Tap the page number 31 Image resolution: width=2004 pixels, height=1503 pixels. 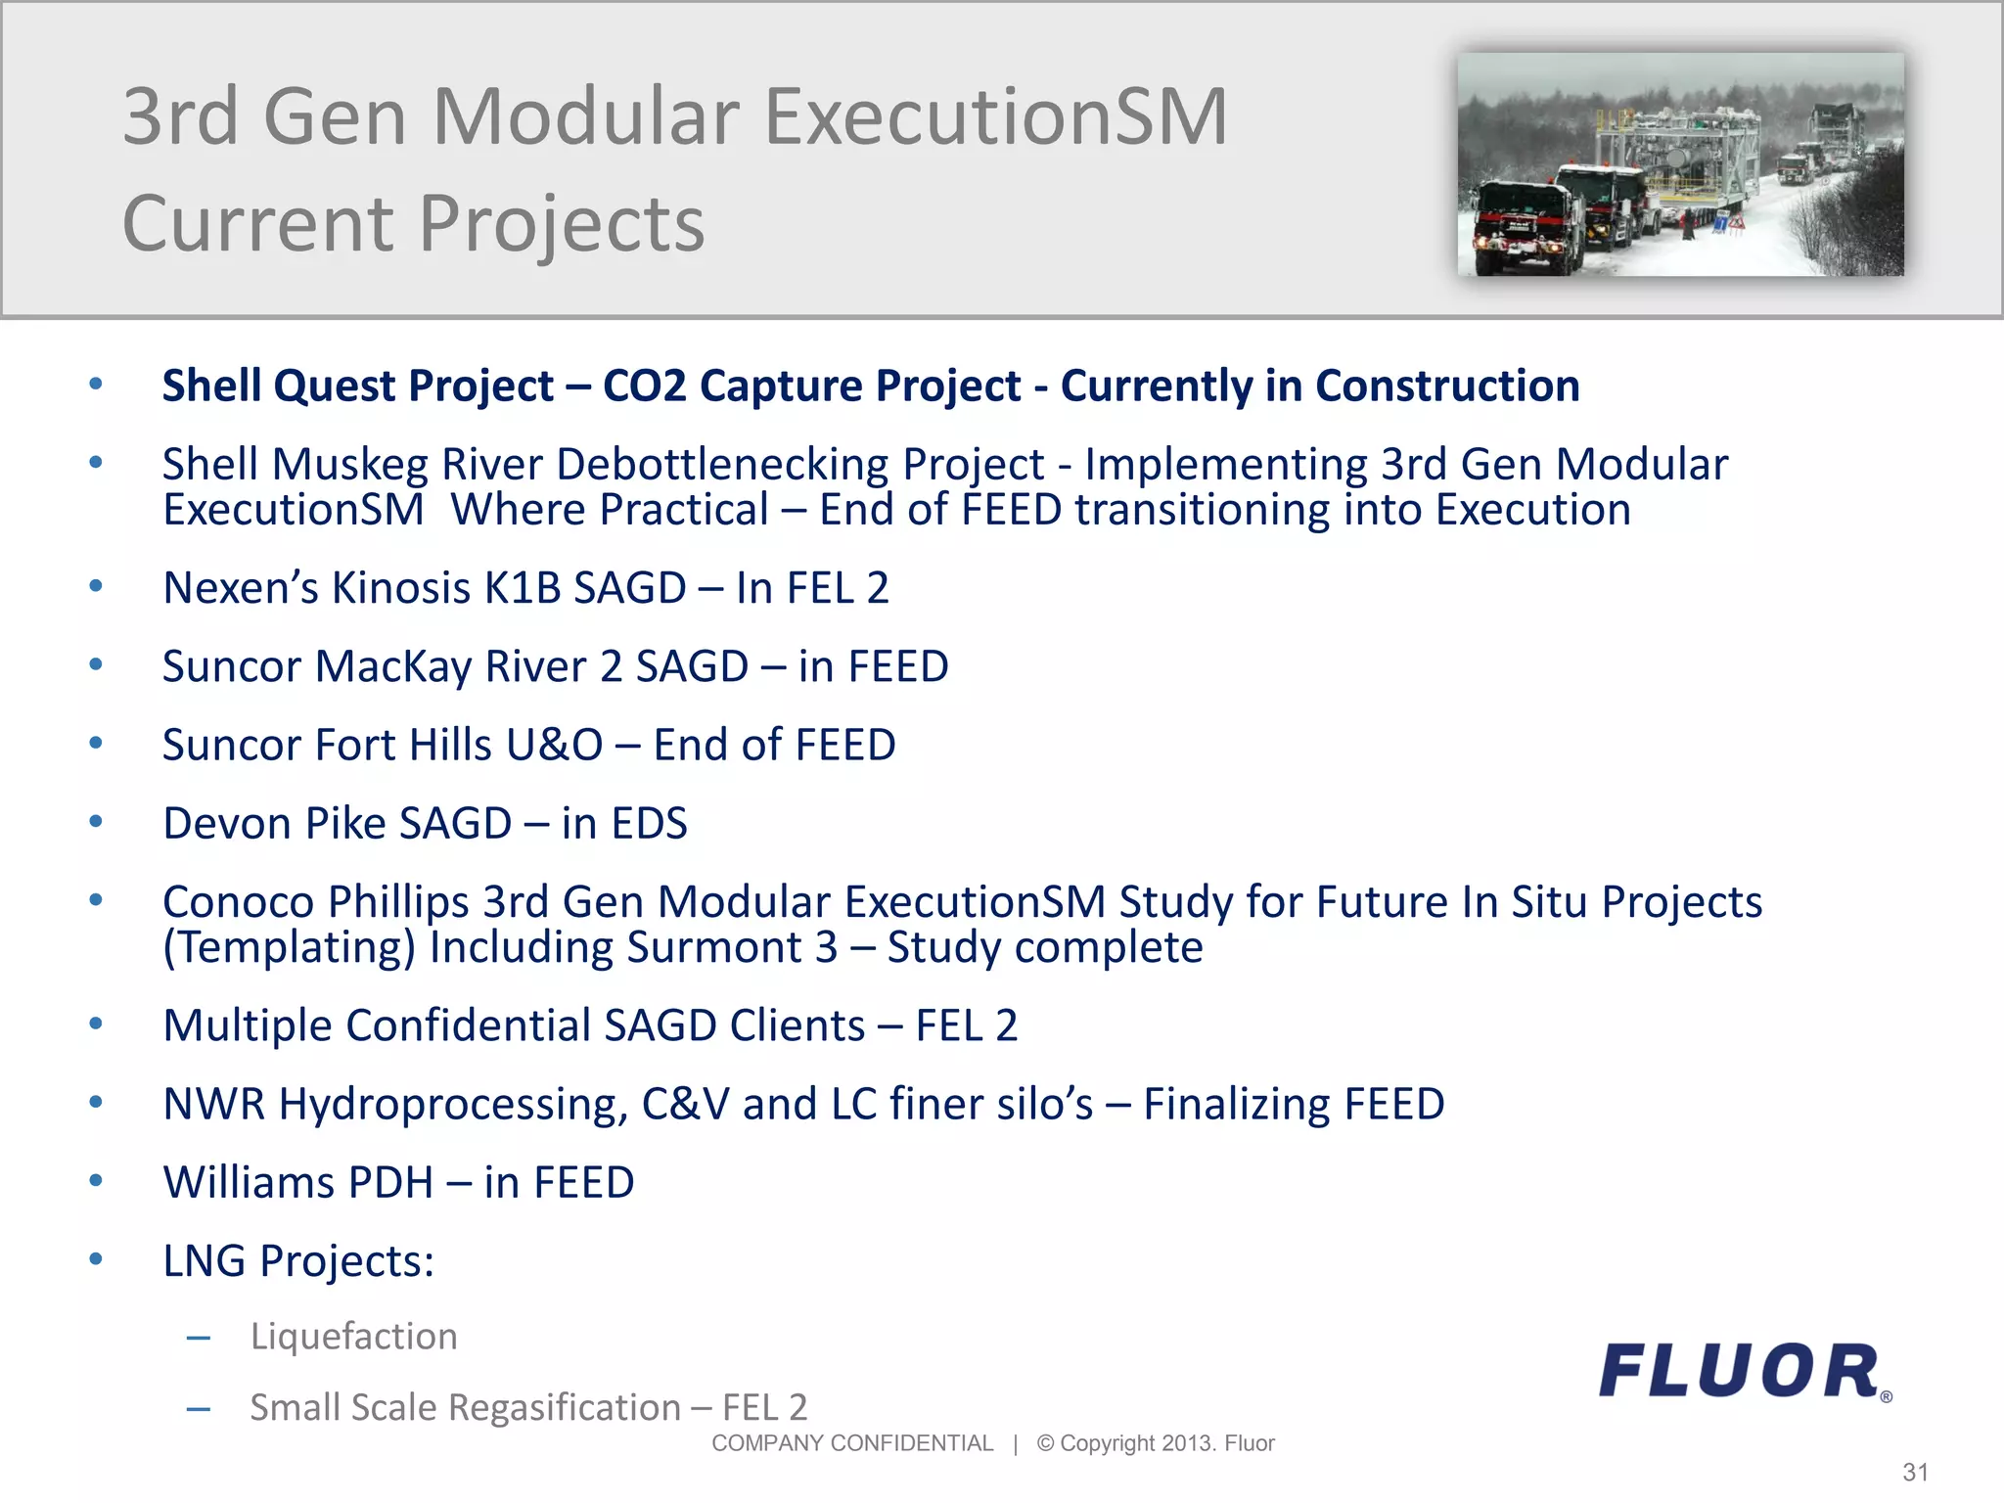click(1915, 1473)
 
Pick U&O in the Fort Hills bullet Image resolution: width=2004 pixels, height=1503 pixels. click(554, 746)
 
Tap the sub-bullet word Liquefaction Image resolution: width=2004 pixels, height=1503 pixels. click(353, 1337)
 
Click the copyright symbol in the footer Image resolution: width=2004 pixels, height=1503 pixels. click(1045, 1443)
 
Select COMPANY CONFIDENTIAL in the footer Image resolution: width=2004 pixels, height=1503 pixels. click(851, 1443)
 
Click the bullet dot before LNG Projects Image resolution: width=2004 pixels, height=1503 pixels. click(96, 1259)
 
